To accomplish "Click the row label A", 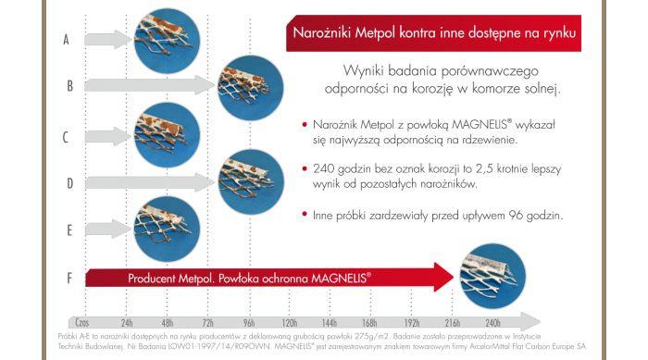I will click(66, 40).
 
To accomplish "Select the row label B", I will click(69, 86).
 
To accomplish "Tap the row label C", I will click(66, 136).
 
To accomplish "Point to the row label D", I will click(69, 182).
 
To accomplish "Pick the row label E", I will click(69, 228).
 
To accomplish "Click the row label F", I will click(69, 276).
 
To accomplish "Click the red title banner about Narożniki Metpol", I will click(434, 33).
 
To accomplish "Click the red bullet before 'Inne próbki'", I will click(305, 215).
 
